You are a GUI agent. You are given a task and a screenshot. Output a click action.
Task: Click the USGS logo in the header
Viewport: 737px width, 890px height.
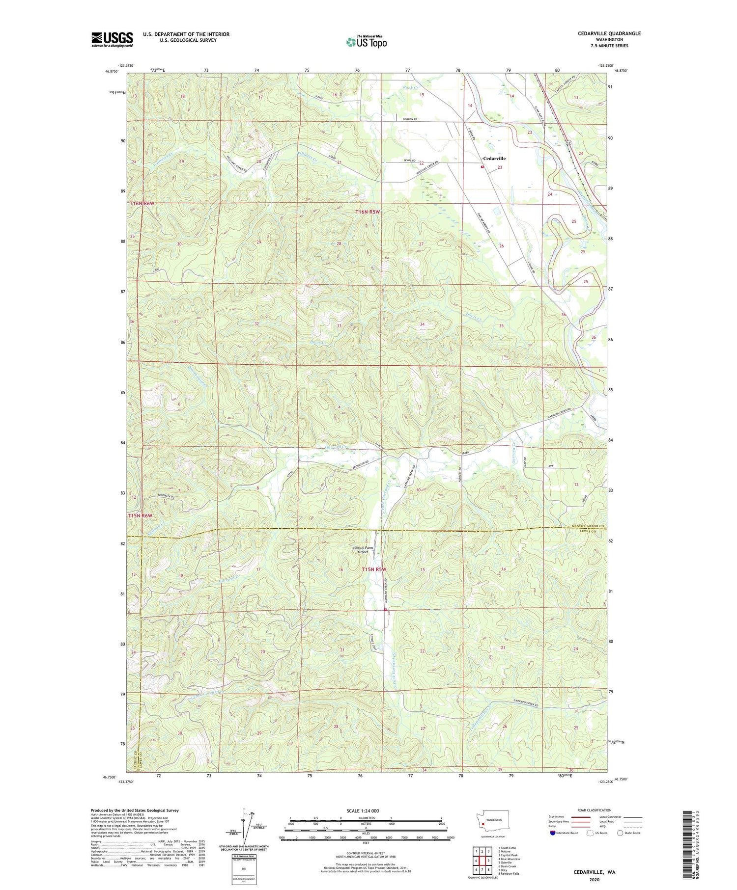pyautogui.click(x=112, y=39)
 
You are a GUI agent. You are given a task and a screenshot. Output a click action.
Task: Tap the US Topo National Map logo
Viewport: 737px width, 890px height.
pyautogui.click(x=366, y=42)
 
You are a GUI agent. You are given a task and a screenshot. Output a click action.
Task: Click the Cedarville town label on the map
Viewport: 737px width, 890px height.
pyautogui.click(x=494, y=159)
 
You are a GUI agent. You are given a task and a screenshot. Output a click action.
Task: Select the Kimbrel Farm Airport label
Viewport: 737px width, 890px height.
pyautogui.click(x=362, y=550)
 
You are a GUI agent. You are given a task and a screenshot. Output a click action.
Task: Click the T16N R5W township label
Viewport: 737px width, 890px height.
pyautogui.click(x=368, y=212)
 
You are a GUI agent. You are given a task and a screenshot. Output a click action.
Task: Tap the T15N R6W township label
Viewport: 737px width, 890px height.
pyautogui.click(x=141, y=516)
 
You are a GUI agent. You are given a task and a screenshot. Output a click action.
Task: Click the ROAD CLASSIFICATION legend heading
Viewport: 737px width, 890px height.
pyautogui.click(x=594, y=810)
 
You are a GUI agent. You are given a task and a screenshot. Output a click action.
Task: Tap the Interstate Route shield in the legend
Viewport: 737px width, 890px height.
pyautogui.click(x=553, y=833)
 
